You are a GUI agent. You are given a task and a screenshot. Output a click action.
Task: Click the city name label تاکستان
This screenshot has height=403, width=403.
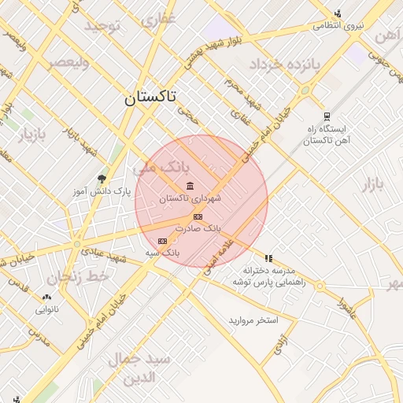pyautogui.click(x=150, y=98)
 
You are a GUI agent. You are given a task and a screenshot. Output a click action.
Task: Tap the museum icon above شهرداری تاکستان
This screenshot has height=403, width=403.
pyautogui.click(x=190, y=186)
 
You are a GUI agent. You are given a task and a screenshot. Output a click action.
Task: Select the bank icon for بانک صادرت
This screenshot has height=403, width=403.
pyautogui.click(x=198, y=216)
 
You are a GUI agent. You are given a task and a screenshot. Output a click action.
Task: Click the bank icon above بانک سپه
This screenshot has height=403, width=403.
pyautogui.click(x=162, y=241)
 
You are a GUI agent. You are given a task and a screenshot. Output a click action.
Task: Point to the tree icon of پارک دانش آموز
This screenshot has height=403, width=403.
pyautogui.click(x=101, y=179)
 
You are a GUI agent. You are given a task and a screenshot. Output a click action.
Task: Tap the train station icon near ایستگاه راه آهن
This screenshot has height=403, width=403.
pyautogui.click(x=326, y=116)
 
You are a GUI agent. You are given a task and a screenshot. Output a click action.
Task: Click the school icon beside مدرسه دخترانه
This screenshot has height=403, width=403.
pyautogui.click(x=268, y=257)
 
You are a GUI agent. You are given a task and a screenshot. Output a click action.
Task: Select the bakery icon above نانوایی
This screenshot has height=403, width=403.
pyautogui.click(x=46, y=297)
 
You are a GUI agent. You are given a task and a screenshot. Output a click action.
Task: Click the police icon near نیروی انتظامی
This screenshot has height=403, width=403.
pyautogui.click(x=338, y=13)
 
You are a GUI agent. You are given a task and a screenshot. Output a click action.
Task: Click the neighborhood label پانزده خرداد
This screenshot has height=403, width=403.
pyautogui.click(x=285, y=64)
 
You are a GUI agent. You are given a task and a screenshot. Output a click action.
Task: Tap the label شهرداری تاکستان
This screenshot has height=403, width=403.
pyautogui.click(x=190, y=199)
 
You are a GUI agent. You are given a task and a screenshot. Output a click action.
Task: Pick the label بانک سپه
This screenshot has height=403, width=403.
pyautogui.click(x=164, y=253)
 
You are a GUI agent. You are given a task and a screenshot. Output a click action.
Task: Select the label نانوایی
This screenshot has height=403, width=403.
pyautogui.click(x=46, y=309)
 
